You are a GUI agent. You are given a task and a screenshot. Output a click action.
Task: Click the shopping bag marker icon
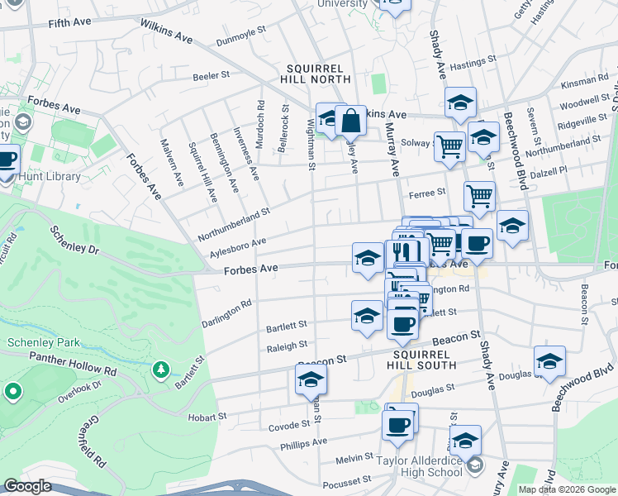[x=351, y=121]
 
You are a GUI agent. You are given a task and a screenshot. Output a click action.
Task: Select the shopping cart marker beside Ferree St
[x=479, y=197]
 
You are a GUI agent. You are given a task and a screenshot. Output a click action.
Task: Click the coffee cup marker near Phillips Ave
[x=397, y=426]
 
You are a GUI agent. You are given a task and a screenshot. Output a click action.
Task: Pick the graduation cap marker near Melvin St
[x=465, y=439]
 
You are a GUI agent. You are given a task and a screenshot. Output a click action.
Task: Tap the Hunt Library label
[x=51, y=176]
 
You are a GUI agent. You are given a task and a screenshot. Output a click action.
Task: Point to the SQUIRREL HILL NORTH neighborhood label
[x=318, y=74]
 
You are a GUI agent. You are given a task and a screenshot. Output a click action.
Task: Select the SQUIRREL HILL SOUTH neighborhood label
[x=420, y=358]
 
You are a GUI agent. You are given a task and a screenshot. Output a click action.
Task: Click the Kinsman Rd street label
[x=583, y=81]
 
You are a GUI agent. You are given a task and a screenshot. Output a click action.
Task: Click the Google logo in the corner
[x=27, y=486]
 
